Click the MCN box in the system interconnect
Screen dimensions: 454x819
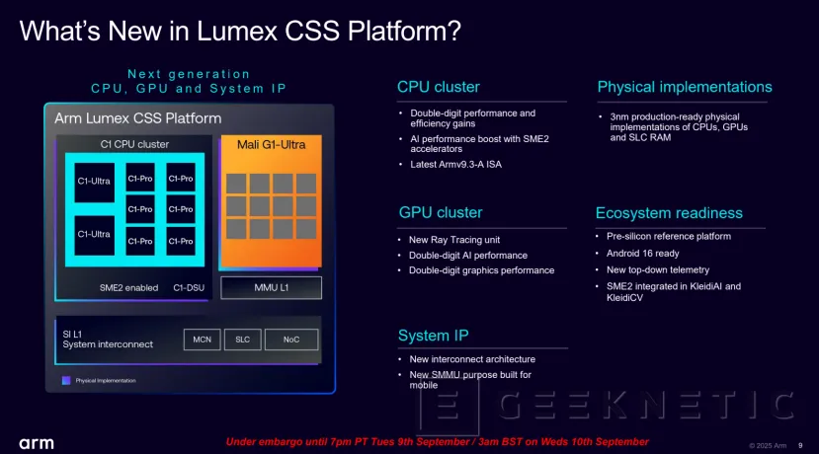tap(202, 340)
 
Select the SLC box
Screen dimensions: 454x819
tap(242, 340)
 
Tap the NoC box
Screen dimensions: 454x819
tap(290, 340)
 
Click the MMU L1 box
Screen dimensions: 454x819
tap(270, 287)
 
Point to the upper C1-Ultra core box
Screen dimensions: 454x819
tap(95, 181)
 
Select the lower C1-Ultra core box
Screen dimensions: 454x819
tap(95, 234)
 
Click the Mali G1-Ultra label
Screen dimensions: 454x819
tap(270, 145)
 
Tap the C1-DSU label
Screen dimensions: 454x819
tap(190, 287)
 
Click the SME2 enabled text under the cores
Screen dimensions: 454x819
tap(127, 287)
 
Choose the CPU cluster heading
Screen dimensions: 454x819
tap(440, 87)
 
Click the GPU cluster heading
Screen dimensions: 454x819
tap(440, 212)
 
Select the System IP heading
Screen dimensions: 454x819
tap(437, 336)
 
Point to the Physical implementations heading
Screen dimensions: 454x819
tap(685, 87)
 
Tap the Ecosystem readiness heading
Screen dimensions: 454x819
tap(669, 212)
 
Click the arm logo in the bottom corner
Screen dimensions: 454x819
tap(37, 443)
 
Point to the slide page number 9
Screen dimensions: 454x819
tap(800, 443)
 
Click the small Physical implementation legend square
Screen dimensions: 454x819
tap(66, 380)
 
